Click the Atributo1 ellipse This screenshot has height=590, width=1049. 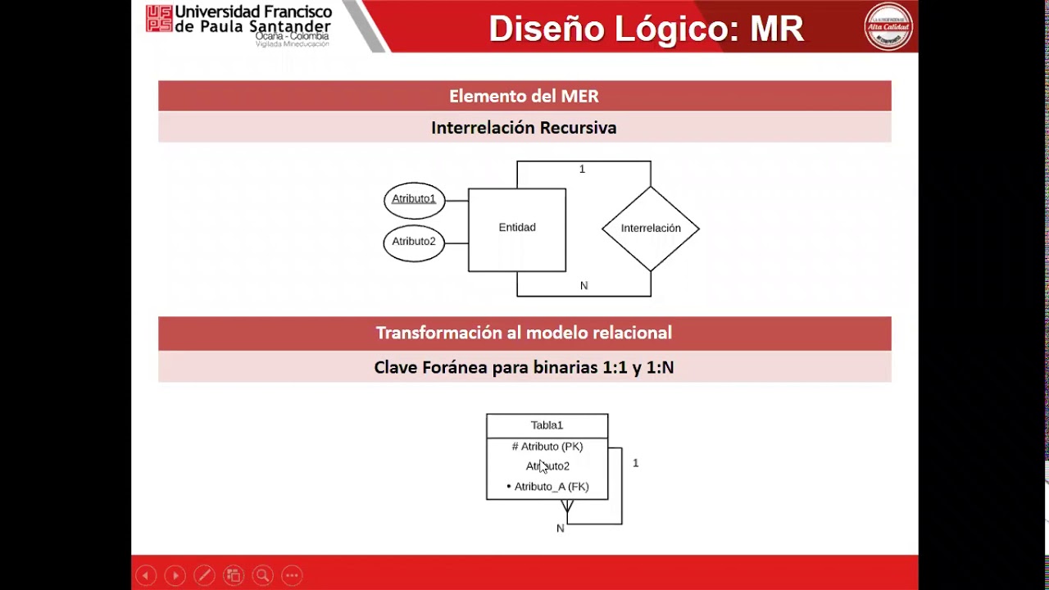pos(414,200)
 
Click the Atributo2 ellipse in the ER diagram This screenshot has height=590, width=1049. pos(414,243)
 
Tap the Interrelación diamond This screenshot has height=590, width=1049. pos(650,229)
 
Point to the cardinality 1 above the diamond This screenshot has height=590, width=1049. pos(582,170)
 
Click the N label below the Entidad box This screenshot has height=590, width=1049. pos(584,286)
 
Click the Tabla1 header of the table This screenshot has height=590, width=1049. pos(547,425)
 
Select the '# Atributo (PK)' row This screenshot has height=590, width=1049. pos(547,447)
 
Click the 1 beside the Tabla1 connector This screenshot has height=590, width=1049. pos(635,463)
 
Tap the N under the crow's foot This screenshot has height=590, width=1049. pos(561,529)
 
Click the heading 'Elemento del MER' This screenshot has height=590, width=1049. pos(524,96)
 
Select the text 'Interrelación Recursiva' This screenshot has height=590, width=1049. pos(524,128)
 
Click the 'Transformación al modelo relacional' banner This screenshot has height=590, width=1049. pos(524,333)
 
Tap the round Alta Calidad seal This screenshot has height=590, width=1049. pos(888,27)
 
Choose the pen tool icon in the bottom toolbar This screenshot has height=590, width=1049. pos(204,575)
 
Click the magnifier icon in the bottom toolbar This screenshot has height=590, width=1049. pos(262,575)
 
